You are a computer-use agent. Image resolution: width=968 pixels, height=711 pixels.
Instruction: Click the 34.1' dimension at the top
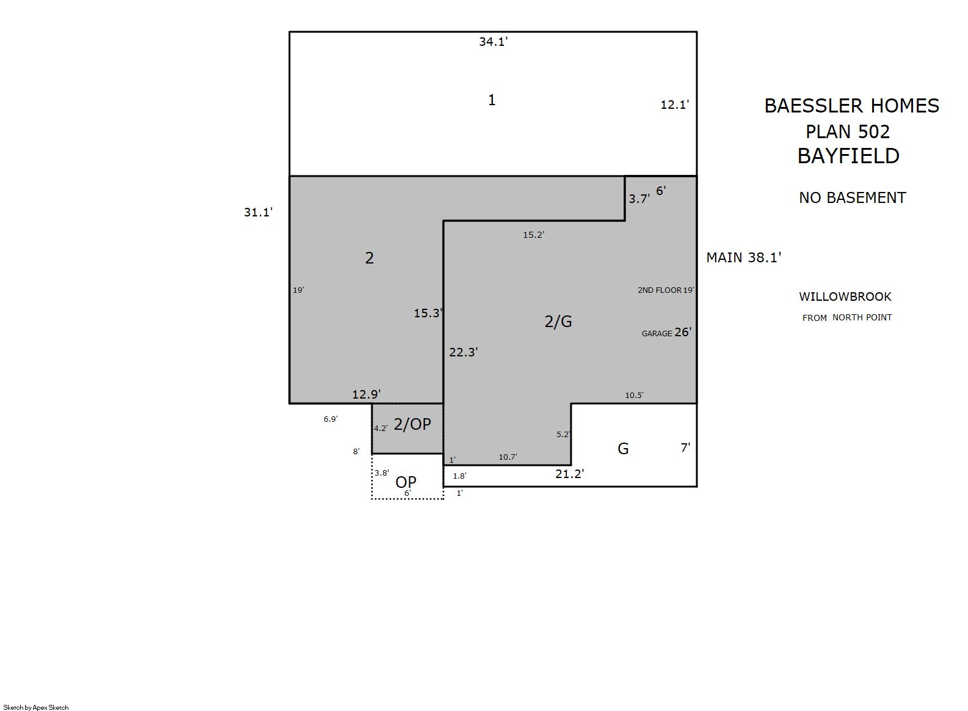[493, 42]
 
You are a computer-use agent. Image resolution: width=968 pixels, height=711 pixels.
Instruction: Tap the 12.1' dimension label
[675, 105]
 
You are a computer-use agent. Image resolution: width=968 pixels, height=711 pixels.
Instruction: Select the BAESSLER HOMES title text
[852, 106]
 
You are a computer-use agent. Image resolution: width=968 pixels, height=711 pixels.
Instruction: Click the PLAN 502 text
[848, 131]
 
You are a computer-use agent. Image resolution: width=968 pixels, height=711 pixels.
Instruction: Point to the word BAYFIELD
[848, 156]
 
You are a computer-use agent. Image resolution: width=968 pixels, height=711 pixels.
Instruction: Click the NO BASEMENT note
[852, 197]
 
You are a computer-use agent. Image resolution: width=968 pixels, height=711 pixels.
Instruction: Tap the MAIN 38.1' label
[744, 257]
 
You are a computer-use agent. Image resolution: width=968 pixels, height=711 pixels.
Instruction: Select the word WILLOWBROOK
[845, 297]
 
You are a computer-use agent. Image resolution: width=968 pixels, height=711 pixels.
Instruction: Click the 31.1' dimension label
[258, 212]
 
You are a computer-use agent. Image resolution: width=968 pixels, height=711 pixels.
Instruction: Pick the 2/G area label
[558, 322]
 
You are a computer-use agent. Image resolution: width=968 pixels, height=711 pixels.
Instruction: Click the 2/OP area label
[412, 424]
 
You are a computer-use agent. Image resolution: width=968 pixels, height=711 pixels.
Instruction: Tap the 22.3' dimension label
[464, 352]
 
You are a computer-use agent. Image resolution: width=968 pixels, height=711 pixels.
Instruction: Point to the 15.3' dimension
[428, 313]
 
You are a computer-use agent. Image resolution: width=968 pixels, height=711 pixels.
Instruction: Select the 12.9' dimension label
[366, 394]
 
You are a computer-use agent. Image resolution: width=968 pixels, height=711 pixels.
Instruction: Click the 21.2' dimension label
[570, 474]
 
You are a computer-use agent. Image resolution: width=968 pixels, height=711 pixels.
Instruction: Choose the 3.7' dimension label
[639, 199]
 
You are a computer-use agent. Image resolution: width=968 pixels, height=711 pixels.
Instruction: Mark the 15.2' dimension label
[534, 235]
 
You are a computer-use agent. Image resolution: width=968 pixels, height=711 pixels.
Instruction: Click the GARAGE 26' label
[666, 332]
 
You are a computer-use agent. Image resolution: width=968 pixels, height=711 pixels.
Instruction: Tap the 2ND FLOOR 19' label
[666, 290]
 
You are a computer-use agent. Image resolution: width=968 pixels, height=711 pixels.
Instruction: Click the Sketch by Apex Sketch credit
[36, 707]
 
